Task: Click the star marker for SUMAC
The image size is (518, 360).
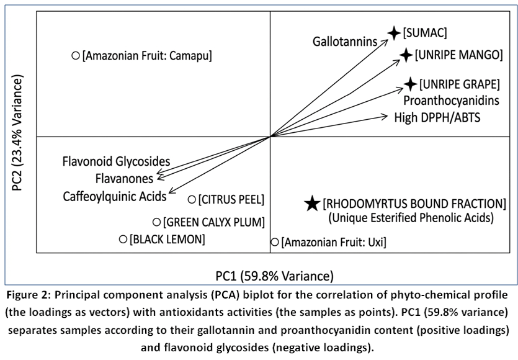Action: click(x=394, y=33)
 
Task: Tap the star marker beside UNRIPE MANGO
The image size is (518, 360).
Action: click(x=406, y=55)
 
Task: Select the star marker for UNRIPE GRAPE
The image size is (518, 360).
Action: click(x=411, y=84)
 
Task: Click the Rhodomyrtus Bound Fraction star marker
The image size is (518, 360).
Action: click(x=312, y=204)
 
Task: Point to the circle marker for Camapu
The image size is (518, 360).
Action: click(x=76, y=55)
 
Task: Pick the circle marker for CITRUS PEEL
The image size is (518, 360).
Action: click(x=192, y=200)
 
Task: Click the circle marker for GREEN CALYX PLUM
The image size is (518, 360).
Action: click(x=156, y=222)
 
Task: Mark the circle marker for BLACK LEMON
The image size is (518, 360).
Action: click(x=123, y=239)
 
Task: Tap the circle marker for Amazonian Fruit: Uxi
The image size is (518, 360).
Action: click(x=275, y=242)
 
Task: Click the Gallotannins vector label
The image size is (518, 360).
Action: click(x=345, y=42)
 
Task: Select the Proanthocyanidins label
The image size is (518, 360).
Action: click(x=451, y=101)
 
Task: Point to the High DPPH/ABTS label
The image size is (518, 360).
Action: click(x=437, y=118)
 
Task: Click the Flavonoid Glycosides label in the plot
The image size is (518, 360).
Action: click(x=116, y=161)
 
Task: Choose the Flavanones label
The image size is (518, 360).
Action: click(x=124, y=179)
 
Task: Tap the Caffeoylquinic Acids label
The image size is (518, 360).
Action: click(x=115, y=196)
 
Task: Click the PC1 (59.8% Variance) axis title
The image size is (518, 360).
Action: click(x=275, y=276)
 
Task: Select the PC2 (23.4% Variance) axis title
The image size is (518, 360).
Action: click(x=17, y=133)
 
